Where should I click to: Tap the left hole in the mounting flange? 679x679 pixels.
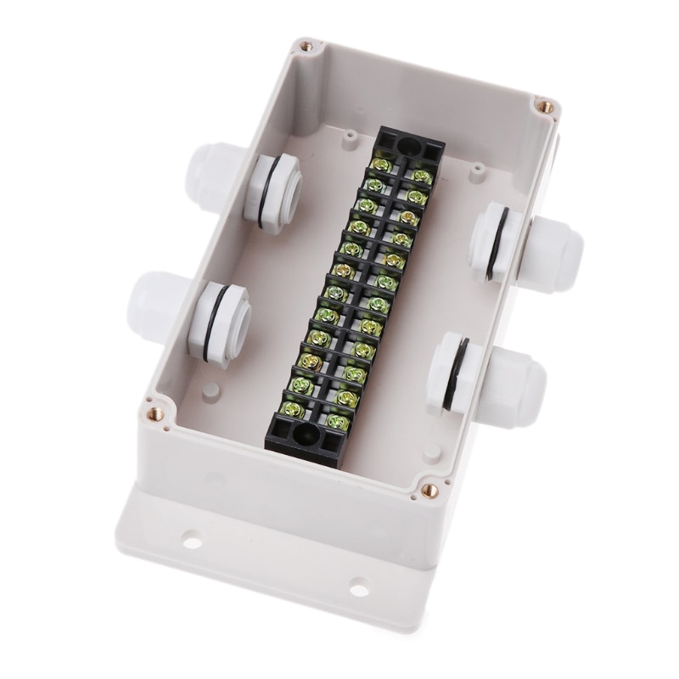(192, 537)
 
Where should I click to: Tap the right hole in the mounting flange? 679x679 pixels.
(359, 585)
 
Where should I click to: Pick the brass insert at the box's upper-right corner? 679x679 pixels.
(545, 107)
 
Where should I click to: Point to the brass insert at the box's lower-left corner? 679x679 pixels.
(154, 414)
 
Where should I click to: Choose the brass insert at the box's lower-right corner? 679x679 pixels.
(429, 490)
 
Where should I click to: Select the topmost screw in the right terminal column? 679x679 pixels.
(420, 175)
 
